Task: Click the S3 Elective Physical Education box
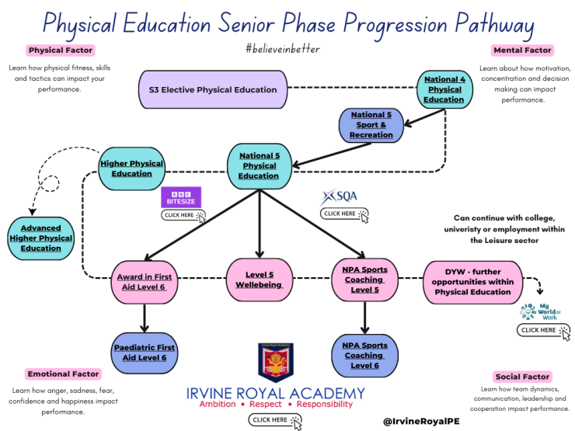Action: [x=213, y=89]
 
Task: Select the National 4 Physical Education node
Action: [x=444, y=89]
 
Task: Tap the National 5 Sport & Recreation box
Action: [x=371, y=125]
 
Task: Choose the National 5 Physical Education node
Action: [x=259, y=165]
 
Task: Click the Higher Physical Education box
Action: [x=131, y=169]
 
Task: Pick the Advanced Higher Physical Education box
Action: [x=41, y=238]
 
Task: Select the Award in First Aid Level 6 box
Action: [x=144, y=280]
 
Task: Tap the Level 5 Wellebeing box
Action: [x=259, y=280]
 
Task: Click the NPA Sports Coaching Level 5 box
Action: [x=364, y=280]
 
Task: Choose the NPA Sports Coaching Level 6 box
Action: [x=364, y=355]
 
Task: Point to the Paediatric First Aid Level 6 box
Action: [x=144, y=352]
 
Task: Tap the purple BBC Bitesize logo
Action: [x=180, y=196]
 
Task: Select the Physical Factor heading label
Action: [x=60, y=50]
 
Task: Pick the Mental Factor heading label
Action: [x=522, y=51]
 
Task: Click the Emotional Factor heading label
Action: [x=63, y=374]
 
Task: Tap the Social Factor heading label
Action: [x=523, y=377]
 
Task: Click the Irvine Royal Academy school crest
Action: [x=275, y=363]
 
